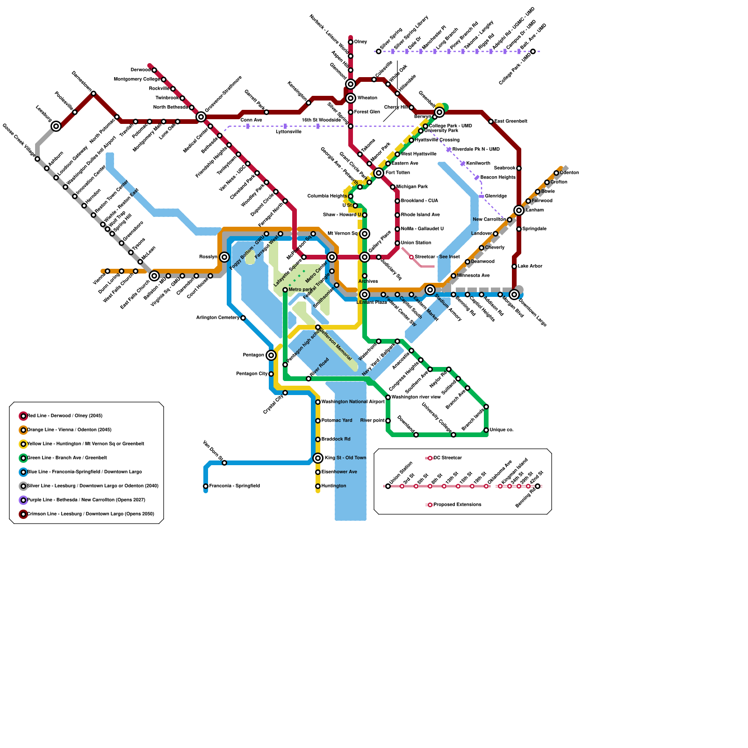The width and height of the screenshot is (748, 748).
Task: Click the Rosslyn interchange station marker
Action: point(224,257)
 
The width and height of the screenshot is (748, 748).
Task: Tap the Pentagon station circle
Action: point(271,355)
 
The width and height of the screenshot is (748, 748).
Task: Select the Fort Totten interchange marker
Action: point(379,173)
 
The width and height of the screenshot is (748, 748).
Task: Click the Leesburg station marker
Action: point(56,126)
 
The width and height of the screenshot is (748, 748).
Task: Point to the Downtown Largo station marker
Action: point(514,295)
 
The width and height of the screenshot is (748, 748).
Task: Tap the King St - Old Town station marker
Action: point(318,458)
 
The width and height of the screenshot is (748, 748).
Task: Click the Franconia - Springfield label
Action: point(234,486)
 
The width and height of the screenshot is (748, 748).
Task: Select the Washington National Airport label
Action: point(353,402)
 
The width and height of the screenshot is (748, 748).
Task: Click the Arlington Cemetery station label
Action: point(218,318)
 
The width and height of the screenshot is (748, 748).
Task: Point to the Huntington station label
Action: point(334,486)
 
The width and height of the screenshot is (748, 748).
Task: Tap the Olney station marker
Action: point(351,42)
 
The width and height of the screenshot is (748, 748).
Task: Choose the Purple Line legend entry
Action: point(86,500)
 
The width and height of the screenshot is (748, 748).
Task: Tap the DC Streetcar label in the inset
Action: point(447,458)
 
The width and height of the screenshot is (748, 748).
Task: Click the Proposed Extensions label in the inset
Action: point(457,505)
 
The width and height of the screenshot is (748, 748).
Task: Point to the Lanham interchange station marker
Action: point(519,210)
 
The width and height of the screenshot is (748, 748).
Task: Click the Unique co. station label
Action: point(501,430)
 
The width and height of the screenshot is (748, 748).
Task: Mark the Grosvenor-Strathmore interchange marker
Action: point(201,117)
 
